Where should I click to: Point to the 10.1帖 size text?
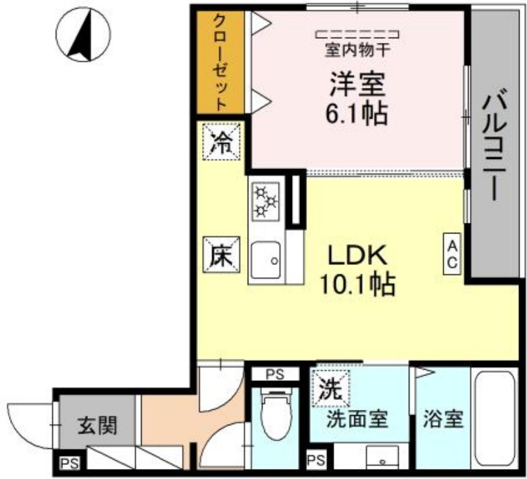[356, 285]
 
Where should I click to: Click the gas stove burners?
[265, 201]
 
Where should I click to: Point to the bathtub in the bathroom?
[495, 419]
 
